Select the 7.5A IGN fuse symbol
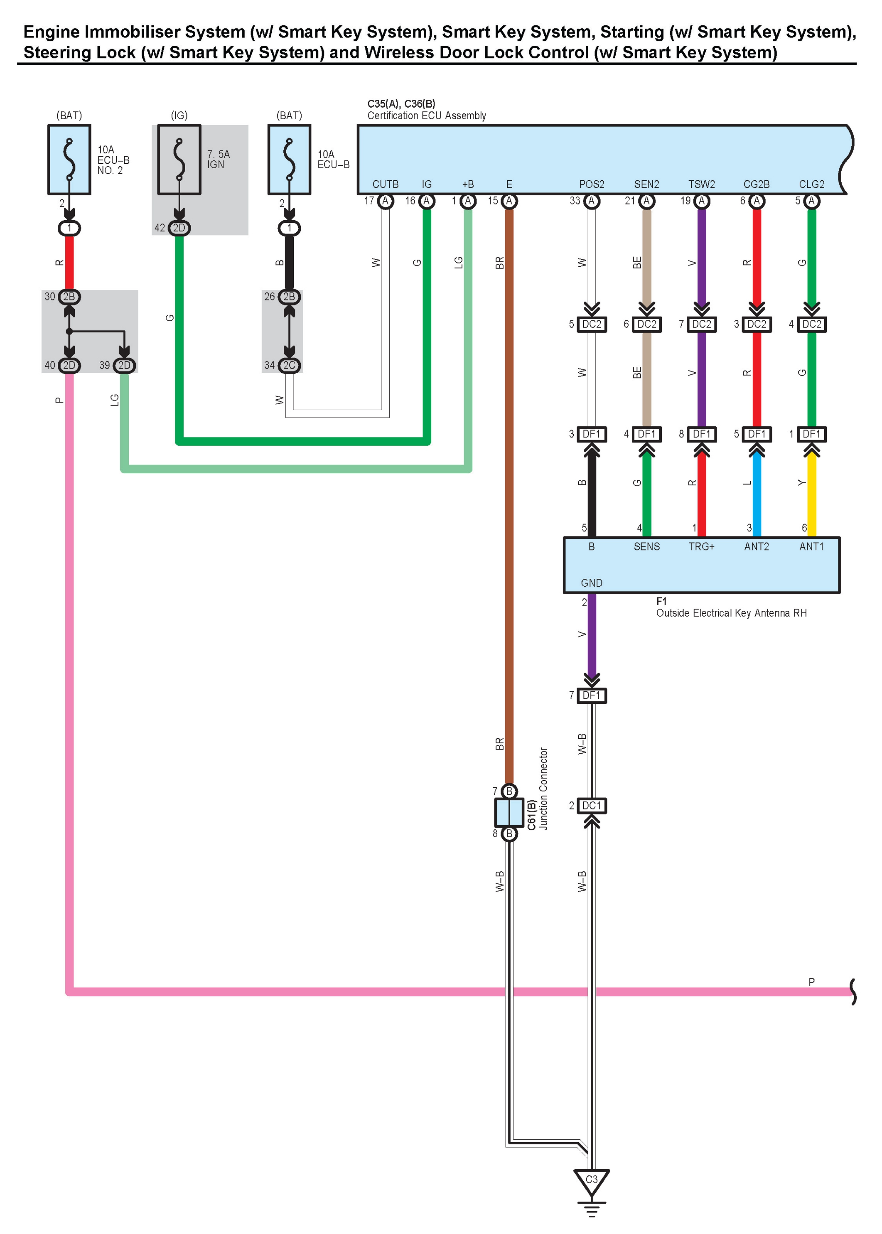coord(179,160)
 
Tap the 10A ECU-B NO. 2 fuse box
coord(69,160)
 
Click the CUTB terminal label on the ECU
coord(385,184)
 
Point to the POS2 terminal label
coord(592,184)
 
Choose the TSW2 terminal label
coord(702,184)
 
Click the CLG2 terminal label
coord(811,184)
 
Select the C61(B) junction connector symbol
coord(509,812)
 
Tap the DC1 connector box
coord(592,806)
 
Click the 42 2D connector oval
coord(179,228)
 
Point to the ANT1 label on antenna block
coord(811,546)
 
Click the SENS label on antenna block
coord(646,546)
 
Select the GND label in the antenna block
coord(592,583)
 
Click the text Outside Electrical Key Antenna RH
coord(731,613)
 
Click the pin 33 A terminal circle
coord(592,201)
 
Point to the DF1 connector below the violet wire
coord(592,695)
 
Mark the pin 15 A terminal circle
coord(509,201)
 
